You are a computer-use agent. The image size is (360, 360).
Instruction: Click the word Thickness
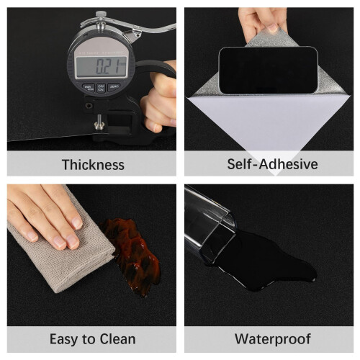click(93, 165)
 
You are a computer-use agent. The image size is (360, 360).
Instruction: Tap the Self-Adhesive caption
click(272, 164)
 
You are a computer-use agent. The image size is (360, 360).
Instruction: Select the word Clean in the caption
click(117, 339)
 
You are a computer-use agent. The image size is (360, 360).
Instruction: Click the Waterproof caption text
click(273, 339)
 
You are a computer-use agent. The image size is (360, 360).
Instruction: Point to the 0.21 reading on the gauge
click(107, 66)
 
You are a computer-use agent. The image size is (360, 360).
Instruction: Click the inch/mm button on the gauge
click(89, 88)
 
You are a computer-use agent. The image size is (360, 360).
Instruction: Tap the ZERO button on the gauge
click(114, 86)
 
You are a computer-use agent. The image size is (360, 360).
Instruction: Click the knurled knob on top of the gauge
click(101, 14)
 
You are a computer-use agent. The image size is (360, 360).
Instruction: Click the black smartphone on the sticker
click(269, 71)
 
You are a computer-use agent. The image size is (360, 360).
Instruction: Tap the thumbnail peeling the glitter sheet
click(272, 27)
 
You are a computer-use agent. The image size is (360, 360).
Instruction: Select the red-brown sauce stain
click(131, 255)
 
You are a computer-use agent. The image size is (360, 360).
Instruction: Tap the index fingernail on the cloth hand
click(78, 222)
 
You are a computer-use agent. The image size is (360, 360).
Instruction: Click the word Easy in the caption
click(64, 340)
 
